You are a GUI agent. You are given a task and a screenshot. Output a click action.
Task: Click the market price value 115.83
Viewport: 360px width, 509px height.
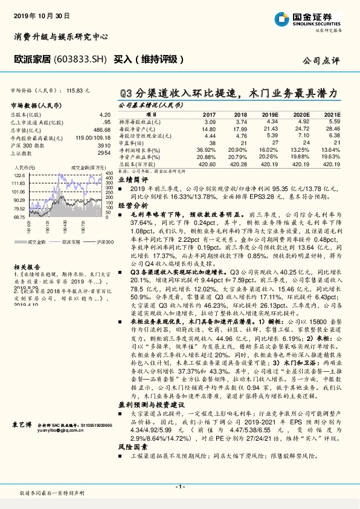(x=78, y=89)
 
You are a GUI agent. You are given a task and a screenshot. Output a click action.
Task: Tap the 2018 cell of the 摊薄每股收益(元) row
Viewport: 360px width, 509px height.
(x=240, y=122)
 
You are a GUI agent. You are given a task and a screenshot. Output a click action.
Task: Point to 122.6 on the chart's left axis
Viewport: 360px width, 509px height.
(x=19, y=174)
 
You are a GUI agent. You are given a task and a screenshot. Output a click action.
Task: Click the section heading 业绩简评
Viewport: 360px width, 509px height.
(x=132, y=180)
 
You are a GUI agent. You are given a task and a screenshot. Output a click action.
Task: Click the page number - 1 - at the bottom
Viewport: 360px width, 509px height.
(x=179, y=487)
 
